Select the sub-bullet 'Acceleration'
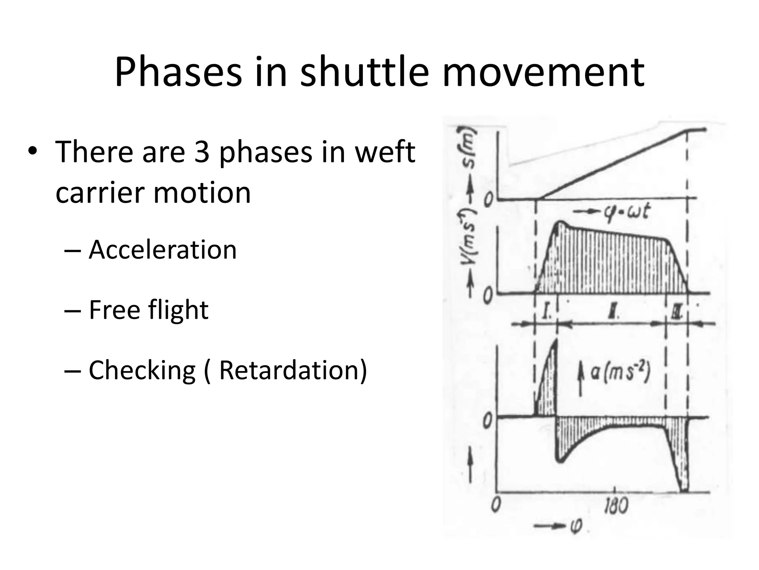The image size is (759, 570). pyautogui.click(x=162, y=250)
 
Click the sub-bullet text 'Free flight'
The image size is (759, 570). pyautogui.click(x=149, y=310)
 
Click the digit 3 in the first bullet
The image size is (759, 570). pyautogui.click(x=202, y=152)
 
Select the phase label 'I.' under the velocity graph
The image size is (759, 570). pyautogui.click(x=547, y=312)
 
